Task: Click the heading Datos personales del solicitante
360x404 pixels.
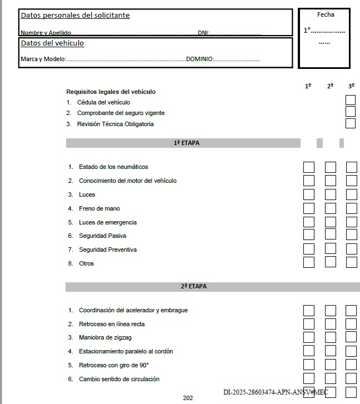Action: pyautogui.click(x=75, y=16)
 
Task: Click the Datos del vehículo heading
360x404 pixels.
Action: pyautogui.click(x=52, y=43)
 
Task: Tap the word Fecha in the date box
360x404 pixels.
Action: pyautogui.click(x=326, y=14)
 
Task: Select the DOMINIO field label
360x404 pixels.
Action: pyautogui.click(x=199, y=59)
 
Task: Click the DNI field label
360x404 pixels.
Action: pyautogui.click(x=203, y=33)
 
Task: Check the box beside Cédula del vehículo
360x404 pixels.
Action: pyautogui.click(x=351, y=100)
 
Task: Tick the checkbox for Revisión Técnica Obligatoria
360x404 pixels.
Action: pyautogui.click(x=351, y=123)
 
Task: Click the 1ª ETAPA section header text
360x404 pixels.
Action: pyautogui.click(x=186, y=143)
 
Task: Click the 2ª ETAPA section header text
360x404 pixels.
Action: pyautogui.click(x=186, y=287)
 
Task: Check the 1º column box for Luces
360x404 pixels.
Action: pyautogui.click(x=309, y=194)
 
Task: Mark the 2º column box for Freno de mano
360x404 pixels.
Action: pyautogui.click(x=331, y=208)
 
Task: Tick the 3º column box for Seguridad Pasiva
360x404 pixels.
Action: pyautogui.click(x=351, y=235)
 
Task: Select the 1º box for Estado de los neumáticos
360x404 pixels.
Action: pyautogui.click(x=309, y=167)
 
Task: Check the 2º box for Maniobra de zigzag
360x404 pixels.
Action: pyautogui.click(x=331, y=337)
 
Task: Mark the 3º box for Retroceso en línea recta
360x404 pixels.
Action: pyautogui.click(x=351, y=324)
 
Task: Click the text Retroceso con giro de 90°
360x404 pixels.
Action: pyautogui.click(x=114, y=365)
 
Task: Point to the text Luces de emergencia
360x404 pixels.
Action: pyautogui.click(x=108, y=222)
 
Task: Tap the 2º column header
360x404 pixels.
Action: pyautogui.click(x=330, y=86)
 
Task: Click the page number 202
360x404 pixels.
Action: pyautogui.click(x=187, y=398)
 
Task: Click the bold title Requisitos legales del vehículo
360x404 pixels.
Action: pyautogui.click(x=111, y=92)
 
